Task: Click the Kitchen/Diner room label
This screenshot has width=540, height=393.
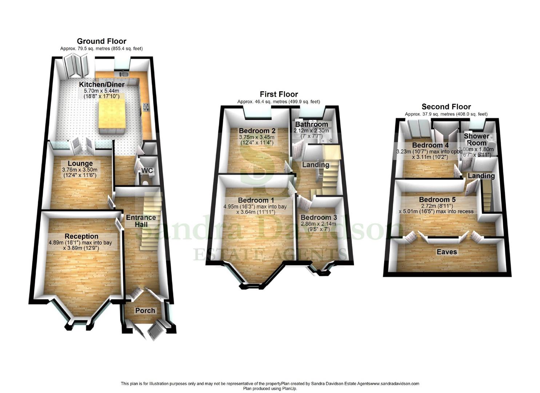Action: [102, 84]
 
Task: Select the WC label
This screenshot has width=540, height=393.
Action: [147, 171]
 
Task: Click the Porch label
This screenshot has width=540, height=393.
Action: [145, 310]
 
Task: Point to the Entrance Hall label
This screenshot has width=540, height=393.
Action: [141, 221]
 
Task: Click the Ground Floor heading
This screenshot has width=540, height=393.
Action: [101, 41]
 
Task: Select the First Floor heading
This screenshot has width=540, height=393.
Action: [279, 94]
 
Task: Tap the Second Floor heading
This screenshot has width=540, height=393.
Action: [446, 107]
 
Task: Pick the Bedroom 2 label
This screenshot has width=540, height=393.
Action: [257, 131]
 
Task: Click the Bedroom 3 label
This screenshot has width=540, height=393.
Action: [319, 217]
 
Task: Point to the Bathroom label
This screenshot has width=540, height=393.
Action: [311, 124]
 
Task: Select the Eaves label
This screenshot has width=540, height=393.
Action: [447, 252]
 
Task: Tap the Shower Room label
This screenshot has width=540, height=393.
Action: [476, 139]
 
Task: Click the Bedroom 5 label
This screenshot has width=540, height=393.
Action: [437, 199]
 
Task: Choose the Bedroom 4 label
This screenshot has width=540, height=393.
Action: [425, 145]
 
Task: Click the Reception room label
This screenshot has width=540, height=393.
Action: [81, 236]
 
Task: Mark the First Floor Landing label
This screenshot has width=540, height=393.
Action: [316, 164]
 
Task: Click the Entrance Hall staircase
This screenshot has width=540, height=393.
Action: [150, 226]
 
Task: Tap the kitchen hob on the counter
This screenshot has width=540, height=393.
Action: [146, 107]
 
